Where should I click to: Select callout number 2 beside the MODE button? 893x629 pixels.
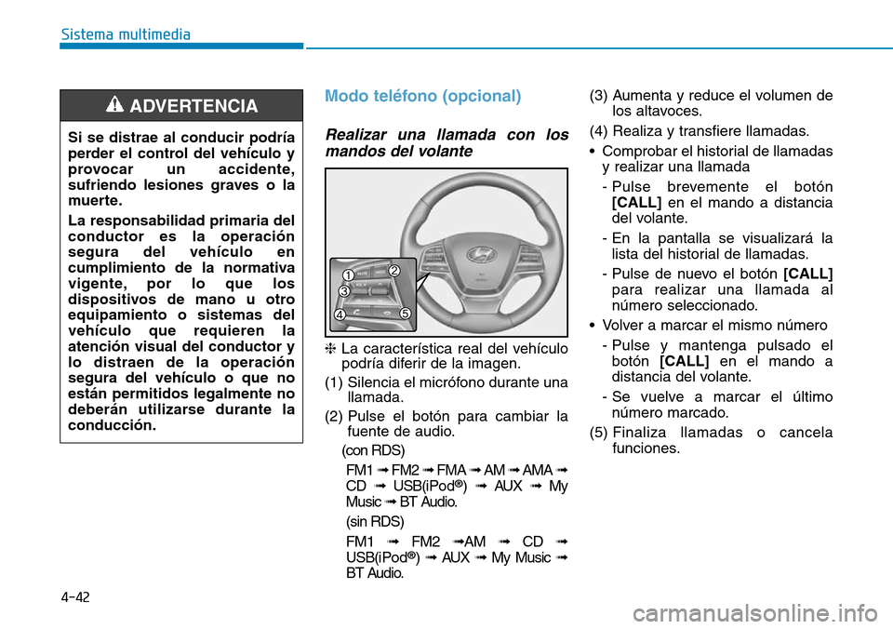click(393, 271)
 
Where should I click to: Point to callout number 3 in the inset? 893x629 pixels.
click(343, 292)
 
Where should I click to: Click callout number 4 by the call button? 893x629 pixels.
click(340, 315)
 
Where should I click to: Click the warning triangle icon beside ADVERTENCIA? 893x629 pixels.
click(116, 106)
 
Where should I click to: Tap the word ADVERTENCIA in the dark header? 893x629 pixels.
click(193, 106)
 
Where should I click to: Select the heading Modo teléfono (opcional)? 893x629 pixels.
click(422, 96)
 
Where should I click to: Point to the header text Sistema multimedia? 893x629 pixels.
click(126, 34)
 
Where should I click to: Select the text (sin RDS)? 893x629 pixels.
click(370, 521)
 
